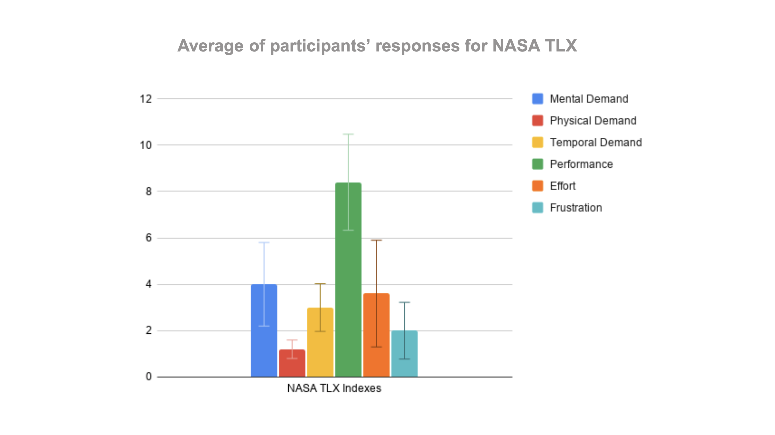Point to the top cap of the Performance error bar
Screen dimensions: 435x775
tap(348, 134)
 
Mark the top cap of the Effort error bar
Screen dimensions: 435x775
tap(376, 240)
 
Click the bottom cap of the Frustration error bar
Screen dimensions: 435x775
tap(404, 359)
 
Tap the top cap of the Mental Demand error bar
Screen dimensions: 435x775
tap(264, 242)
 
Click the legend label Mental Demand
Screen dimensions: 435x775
tap(589, 99)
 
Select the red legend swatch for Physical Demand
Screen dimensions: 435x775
tap(537, 120)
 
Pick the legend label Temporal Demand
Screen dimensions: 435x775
tap(596, 142)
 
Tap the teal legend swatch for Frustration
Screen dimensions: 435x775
tap(537, 208)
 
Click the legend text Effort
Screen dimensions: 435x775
tap(562, 186)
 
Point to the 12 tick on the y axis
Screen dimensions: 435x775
tap(146, 99)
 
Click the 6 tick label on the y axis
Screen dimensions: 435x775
tap(149, 238)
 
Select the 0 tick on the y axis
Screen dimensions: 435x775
tap(149, 377)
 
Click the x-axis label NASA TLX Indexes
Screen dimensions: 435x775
tap(334, 388)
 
